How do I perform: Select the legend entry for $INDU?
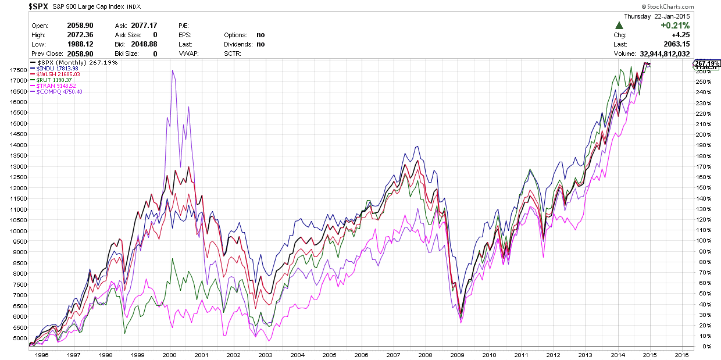coord(56,68)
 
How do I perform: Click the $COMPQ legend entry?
coord(59,92)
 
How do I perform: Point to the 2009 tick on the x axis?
coord(459,354)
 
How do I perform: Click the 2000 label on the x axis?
coord(170,354)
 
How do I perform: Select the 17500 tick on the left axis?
coord(17,70)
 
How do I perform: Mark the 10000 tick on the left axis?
coord(17,231)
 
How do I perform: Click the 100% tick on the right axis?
coord(702,240)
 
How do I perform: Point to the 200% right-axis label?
coord(702,134)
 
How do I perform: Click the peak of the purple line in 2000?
coord(172,70)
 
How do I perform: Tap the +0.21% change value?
coord(674,26)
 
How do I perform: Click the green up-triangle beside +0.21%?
coord(619,26)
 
